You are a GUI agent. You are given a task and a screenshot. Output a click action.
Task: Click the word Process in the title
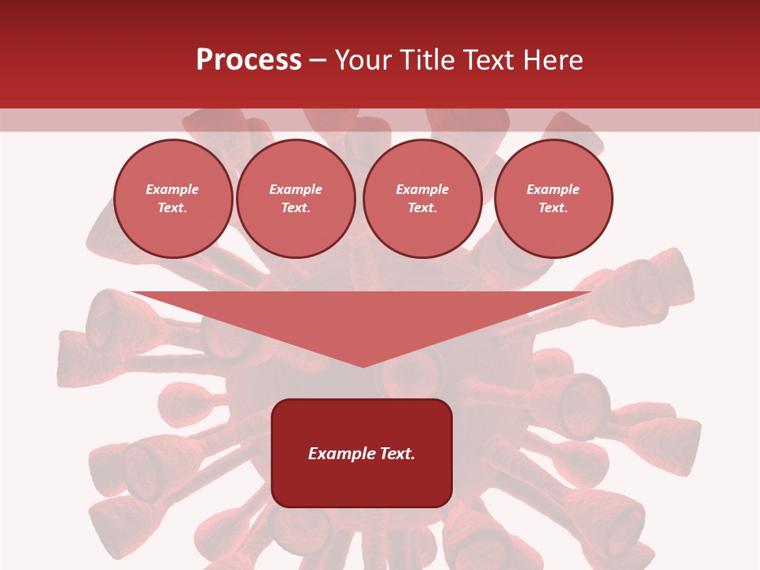249,60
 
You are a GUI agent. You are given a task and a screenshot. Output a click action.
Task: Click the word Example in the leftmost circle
173,189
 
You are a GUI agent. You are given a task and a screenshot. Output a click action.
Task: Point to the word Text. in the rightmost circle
553,207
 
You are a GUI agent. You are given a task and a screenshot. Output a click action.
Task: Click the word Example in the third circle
422,189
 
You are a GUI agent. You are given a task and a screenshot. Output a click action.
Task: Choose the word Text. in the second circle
295,207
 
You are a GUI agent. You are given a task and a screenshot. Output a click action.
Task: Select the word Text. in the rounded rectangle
397,454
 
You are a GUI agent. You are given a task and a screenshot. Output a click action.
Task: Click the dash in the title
317,60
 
